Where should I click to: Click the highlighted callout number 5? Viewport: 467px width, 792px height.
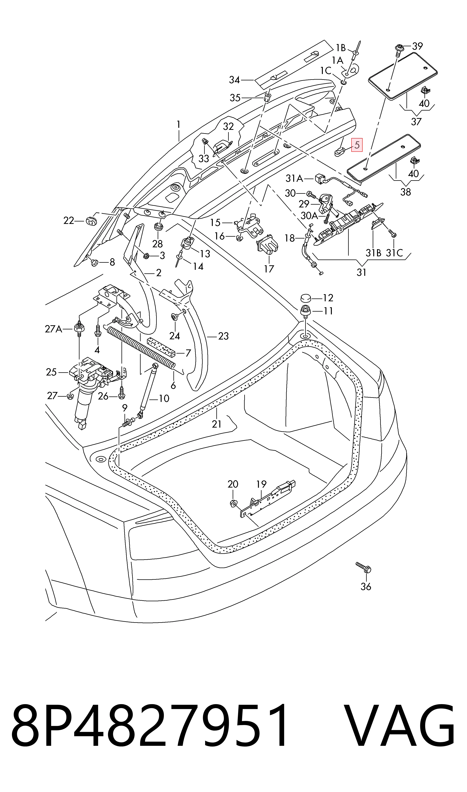click(357, 145)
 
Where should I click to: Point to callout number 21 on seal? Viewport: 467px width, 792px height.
click(217, 424)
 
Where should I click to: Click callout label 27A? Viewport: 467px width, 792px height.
click(53, 329)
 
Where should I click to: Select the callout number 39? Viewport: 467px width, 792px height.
click(417, 46)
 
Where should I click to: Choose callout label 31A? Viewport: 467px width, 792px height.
click(294, 179)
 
